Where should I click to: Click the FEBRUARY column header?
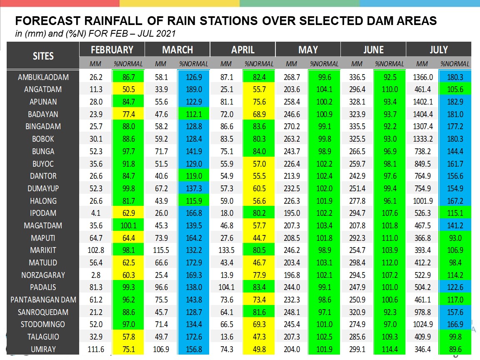point(112,50)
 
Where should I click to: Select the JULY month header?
point(439,50)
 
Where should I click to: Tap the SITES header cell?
point(43,56)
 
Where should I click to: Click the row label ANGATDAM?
point(43,90)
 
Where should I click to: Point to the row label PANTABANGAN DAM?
point(43,300)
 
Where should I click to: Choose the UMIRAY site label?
point(43,349)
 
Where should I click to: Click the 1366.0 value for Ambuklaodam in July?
point(423,77)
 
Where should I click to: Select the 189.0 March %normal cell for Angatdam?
point(194,90)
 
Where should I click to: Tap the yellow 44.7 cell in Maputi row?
point(259,238)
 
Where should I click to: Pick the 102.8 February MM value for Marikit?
point(96,250)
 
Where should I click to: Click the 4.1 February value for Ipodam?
point(96,213)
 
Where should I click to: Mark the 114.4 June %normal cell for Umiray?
point(390,349)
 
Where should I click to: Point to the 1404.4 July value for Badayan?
point(423,114)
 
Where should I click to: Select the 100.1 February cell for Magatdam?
point(129,225)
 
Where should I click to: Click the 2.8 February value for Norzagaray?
point(96,275)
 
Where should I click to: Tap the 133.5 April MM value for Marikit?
point(227,250)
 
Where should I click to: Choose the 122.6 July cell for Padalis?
point(455,287)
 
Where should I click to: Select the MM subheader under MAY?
point(291,64)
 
